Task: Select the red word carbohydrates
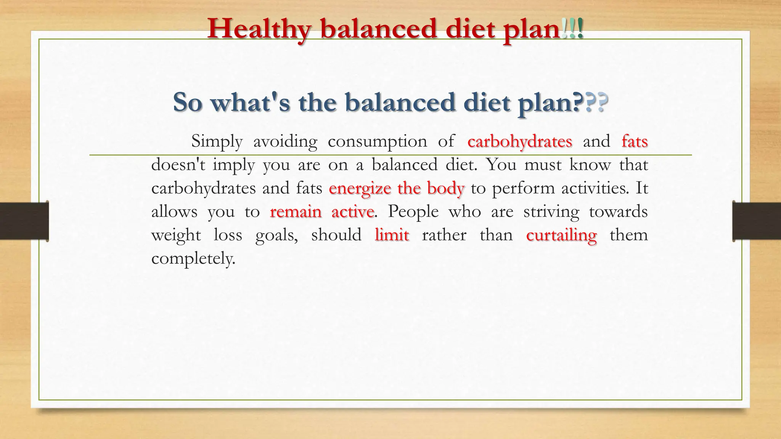pos(519,141)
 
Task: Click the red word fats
pos(635,141)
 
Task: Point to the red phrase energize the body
pos(397,188)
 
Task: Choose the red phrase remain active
pos(322,211)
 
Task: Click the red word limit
pos(392,235)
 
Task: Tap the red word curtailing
pos(561,235)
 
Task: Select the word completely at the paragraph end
pos(193,259)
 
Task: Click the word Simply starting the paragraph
pos(217,141)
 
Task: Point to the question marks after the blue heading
pos(596,103)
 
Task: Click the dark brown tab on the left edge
pos(24,221)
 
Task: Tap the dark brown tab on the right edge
pos(757,221)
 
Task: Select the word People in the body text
pos(413,211)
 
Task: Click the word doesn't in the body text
pos(178,165)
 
